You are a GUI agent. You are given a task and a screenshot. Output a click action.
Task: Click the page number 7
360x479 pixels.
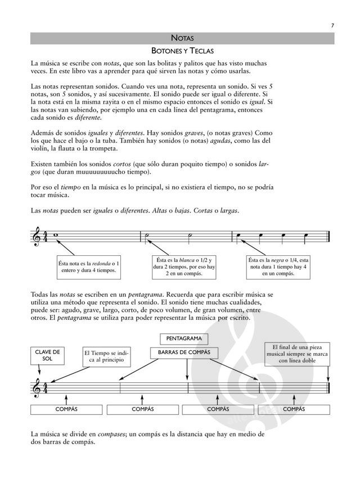pyautogui.click(x=332, y=25)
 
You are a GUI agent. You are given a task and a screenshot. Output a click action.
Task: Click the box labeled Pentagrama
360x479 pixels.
pyautogui.click(x=184, y=338)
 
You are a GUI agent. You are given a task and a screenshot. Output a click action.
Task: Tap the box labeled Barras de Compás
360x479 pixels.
pyautogui.click(x=184, y=353)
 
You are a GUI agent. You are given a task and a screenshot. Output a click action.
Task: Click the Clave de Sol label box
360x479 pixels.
pyautogui.click(x=47, y=356)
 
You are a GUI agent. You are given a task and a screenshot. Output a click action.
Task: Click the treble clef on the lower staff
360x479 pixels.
pyautogui.click(x=37, y=387)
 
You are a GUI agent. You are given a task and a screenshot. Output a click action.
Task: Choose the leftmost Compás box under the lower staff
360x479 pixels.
pyautogui.click(x=66, y=409)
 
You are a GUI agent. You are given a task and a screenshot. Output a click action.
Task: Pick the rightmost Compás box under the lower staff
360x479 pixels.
pyautogui.click(x=294, y=409)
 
